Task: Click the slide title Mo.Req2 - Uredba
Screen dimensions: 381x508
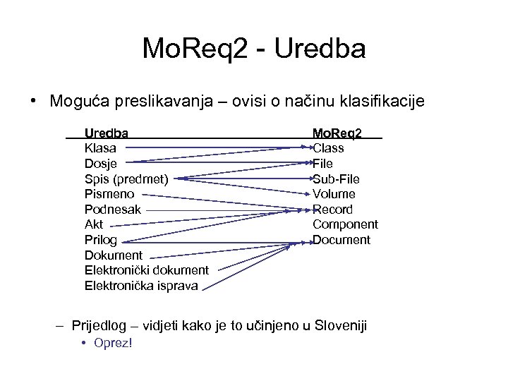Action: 254,49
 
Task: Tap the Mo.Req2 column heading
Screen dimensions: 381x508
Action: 337,133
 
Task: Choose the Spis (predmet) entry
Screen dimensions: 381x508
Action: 126,179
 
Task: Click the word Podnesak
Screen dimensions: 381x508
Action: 113,210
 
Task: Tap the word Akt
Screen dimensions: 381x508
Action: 94,225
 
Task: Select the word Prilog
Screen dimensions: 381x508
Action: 101,241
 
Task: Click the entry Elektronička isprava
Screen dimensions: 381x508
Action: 141,286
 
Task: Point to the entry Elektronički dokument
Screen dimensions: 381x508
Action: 147,270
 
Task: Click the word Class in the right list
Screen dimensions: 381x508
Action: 328,148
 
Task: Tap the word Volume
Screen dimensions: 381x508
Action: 334,194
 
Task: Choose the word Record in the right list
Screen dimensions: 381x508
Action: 332,210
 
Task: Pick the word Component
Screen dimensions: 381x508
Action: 345,225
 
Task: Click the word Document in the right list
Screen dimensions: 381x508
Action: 341,241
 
